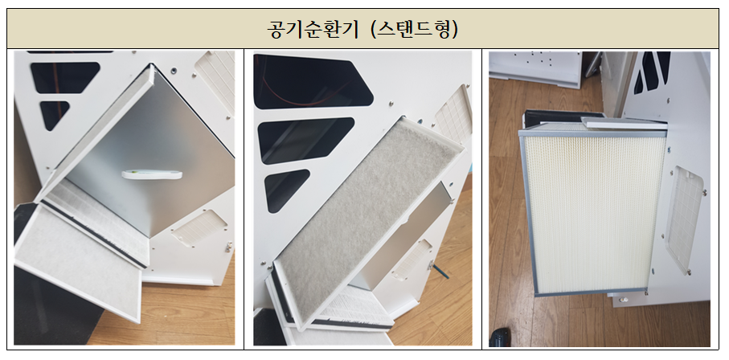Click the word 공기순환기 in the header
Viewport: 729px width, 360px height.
(x=313, y=29)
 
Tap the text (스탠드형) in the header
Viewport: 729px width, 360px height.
(x=414, y=29)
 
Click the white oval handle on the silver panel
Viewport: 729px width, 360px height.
(x=152, y=174)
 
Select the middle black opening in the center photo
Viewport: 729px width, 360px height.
(x=305, y=140)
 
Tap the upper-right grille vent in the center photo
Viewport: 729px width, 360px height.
(x=453, y=117)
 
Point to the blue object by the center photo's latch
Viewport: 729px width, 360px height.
(x=440, y=271)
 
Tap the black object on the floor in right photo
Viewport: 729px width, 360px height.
(x=500, y=337)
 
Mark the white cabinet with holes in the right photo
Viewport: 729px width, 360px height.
(x=534, y=67)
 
